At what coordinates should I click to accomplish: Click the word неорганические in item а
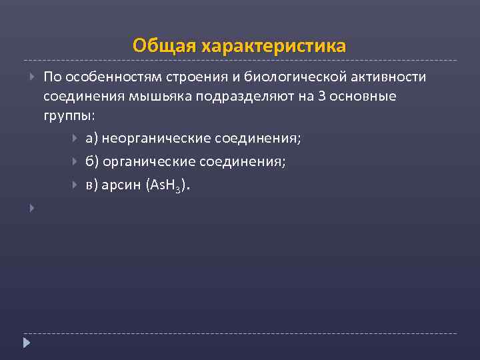click(x=157, y=139)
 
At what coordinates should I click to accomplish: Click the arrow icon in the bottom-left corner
click(x=27, y=343)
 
